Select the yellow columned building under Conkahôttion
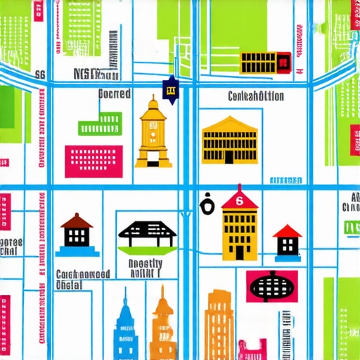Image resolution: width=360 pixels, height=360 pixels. [x=229, y=141]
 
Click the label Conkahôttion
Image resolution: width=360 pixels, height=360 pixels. [x=256, y=96]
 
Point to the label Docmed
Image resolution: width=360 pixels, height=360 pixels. [x=114, y=94]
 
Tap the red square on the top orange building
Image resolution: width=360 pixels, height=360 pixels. [x=283, y=63]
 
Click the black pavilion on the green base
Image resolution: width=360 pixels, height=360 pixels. [x=147, y=235]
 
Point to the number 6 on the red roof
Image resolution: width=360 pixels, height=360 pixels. [x=239, y=201]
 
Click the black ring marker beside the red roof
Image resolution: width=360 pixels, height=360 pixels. [x=207, y=206]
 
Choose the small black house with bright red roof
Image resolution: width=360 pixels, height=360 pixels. [x=287, y=240]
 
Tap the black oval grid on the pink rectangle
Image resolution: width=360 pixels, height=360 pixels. [x=271, y=285]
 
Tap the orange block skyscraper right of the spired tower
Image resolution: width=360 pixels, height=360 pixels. [x=219, y=325]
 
